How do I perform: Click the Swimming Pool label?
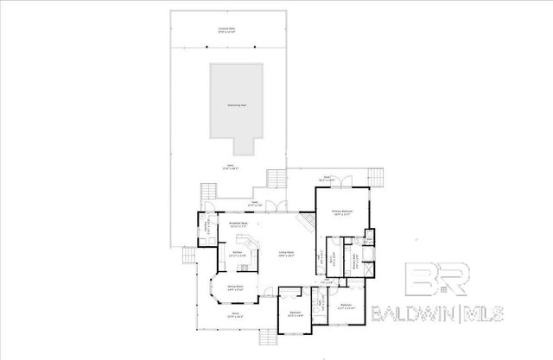point(233,104)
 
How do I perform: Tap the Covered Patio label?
point(227,30)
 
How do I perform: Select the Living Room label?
point(285,254)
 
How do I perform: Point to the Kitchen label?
point(236,254)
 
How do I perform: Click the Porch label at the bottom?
point(233,316)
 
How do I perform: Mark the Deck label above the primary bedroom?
point(327,177)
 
